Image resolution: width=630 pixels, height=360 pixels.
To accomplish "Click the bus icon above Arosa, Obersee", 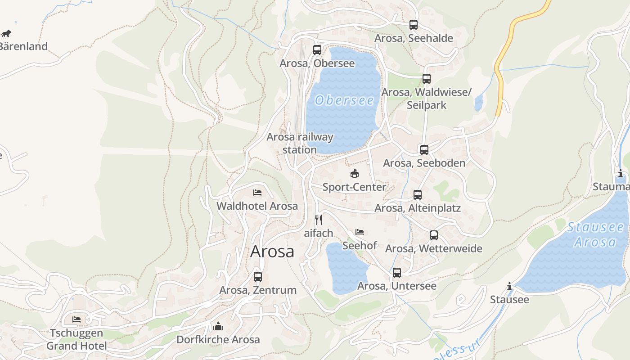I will (317, 50).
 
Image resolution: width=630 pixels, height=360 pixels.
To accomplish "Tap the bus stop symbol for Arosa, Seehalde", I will (414, 25).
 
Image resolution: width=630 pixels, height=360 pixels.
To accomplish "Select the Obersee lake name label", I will (344, 100).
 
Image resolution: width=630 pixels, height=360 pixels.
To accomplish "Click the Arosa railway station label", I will (300, 143).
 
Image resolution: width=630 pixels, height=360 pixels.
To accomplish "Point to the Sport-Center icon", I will (355, 173).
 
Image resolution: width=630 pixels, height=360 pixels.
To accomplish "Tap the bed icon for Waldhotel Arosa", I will (257, 193).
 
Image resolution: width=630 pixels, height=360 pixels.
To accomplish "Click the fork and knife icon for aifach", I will (319, 220).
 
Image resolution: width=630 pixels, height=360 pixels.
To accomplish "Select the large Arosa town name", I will (272, 251).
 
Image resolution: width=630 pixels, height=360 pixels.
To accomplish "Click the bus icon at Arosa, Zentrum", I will (258, 277).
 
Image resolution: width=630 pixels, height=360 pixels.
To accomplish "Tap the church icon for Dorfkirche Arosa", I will (218, 326).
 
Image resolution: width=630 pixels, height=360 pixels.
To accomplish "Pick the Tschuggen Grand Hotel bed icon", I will (76, 319).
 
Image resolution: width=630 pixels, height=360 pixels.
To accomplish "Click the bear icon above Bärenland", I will (6, 33).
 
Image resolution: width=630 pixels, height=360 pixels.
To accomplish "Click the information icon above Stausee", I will (509, 286).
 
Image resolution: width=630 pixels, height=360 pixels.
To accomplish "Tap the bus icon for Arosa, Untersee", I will (397, 273).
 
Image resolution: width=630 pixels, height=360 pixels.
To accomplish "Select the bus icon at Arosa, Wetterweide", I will (434, 235).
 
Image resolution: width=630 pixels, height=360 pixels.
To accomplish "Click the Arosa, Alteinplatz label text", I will (418, 208).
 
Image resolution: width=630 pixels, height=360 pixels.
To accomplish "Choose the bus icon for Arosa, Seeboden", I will (424, 150).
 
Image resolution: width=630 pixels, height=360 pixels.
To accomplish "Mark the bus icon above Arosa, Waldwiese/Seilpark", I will (427, 79).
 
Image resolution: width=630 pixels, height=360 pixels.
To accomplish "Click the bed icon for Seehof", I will (360, 232).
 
